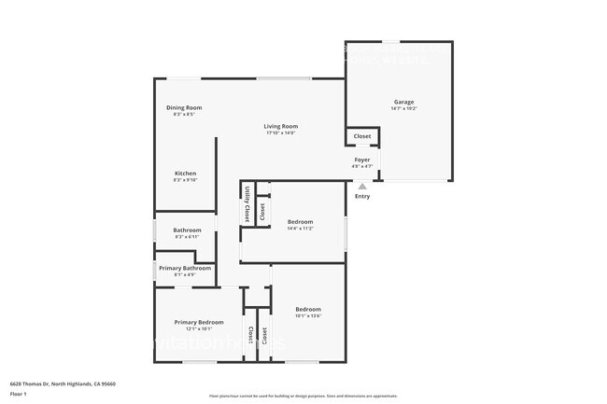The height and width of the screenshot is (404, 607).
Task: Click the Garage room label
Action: pyautogui.click(x=403, y=102)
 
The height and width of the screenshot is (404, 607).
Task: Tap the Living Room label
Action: pyautogui.click(x=280, y=126)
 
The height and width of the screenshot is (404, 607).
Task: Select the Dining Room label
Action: pyautogui.click(x=184, y=107)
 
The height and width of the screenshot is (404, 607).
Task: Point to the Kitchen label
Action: pyautogui.click(x=185, y=174)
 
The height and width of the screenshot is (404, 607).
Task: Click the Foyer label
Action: pyautogui.click(x=362, y=160)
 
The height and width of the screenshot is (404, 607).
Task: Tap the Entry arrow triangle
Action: pyautogui.click(x=362, y=187)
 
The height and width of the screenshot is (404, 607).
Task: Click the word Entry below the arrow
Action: pyautogui.click(x=362, y=196)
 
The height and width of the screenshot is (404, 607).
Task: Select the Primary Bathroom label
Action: pyautogui.click(x=184, y=269)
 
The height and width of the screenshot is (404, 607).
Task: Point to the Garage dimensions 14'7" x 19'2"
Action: pyautogui.click(x=403, y=109)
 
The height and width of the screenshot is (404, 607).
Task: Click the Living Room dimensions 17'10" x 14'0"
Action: pyautogui.click(x=280, y=132)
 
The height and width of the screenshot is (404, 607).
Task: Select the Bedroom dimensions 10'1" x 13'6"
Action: pyautogui.click(x=308, y=315)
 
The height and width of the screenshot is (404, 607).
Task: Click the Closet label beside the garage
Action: pyautogui.click(x=362, y=136)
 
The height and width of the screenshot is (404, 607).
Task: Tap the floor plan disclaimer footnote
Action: pyautogui.click(x=303, y=396)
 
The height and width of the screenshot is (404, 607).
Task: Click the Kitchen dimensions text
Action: pyautogui.click(x=185, y=180)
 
